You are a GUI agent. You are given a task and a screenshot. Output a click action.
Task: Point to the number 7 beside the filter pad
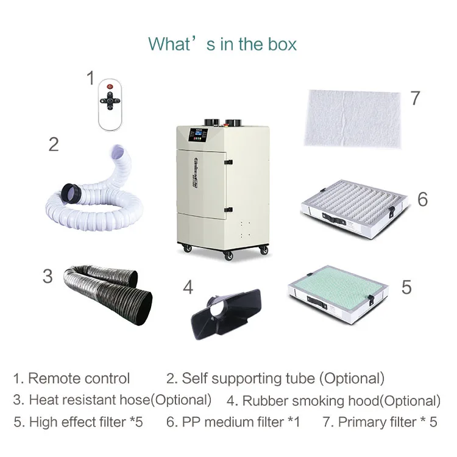click(x=415, y=98)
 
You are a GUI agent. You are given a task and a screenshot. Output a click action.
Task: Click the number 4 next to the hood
click(x=188, y=286)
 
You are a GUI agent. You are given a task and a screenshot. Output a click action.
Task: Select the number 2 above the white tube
click(x=54, y=144)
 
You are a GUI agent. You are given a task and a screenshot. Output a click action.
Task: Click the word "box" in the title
click(x=282, y=44)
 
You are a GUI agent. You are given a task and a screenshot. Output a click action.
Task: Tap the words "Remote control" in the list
click(x=79, y=378)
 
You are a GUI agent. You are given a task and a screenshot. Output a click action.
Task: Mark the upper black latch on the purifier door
click(x=227, y=163)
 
